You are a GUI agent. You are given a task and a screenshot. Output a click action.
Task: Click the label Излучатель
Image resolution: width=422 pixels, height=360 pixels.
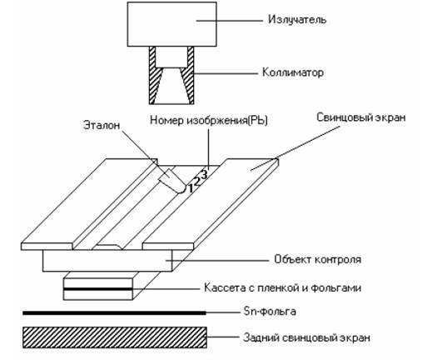(x=297, y=20)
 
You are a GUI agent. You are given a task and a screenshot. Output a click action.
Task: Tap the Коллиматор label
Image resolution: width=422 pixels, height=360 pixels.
(x=293, y=72)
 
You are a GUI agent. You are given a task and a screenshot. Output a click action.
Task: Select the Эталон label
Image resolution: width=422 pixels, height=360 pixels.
(x=102, y=125)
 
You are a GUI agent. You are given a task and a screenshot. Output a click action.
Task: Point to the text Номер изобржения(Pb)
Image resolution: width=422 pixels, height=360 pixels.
(x=209, y=121)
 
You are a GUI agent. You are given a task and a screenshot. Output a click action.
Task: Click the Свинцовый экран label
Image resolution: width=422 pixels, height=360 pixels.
(x=361, y=117)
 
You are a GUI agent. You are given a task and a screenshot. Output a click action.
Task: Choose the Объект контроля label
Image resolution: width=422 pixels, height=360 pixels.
(x=318, y=259)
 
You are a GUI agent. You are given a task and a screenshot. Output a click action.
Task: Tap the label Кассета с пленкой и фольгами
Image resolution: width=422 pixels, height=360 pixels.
(x=283, y=287)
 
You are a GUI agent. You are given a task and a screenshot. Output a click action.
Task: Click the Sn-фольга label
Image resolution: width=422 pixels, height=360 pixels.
(x=270, y=311)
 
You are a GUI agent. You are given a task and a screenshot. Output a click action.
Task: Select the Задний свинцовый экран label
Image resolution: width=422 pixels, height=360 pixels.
(x=306, y=338)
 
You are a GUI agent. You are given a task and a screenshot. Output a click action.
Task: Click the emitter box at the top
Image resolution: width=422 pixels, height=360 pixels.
(x=172, y=24)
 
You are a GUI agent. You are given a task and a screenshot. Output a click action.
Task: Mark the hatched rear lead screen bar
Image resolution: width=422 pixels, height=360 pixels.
(x=115, y=337)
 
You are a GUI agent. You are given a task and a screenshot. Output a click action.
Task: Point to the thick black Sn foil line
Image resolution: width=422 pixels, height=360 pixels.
(x=114, y=312)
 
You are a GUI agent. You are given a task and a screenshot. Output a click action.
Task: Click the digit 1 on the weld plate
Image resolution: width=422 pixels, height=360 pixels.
(x=191, y=188)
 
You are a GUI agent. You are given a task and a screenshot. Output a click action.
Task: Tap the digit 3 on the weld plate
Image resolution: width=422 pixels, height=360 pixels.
(x=204, y=175)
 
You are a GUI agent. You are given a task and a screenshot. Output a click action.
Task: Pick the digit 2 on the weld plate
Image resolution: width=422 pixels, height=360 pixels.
(x=197, y=182)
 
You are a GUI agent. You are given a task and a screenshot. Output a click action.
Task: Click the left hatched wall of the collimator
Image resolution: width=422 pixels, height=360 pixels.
(x=154, y=75)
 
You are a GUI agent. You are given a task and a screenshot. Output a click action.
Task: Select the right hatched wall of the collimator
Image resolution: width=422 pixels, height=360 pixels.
(x=189, y=75)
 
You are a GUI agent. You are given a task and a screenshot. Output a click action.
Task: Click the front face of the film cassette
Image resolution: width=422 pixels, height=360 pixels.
(x=97, y=289)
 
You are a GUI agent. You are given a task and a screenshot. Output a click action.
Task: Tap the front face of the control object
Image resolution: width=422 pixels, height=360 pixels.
(x=107, y=261)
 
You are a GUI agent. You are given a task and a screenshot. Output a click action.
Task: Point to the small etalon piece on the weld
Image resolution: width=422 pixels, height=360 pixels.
(x=172, y=181)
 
